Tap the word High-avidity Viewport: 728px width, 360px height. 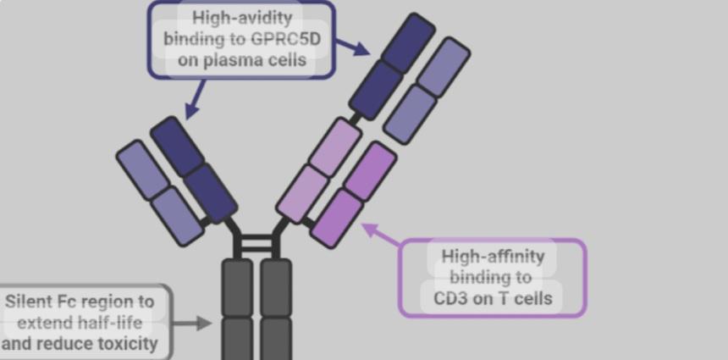241,17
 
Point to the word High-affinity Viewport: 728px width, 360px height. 493,256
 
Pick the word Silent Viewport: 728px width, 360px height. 28,302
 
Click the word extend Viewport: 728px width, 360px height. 45,323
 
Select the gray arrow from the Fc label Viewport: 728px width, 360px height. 194,323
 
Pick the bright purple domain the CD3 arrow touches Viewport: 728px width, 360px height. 338,218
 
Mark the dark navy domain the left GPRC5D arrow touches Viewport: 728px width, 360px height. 176,144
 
